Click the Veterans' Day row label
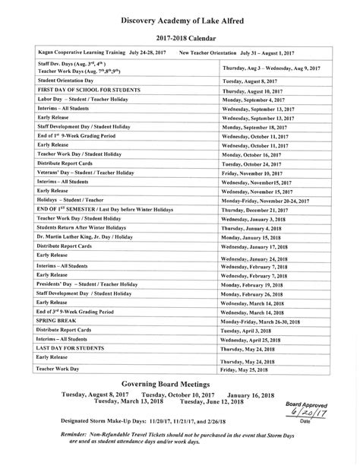coord(85,173)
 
